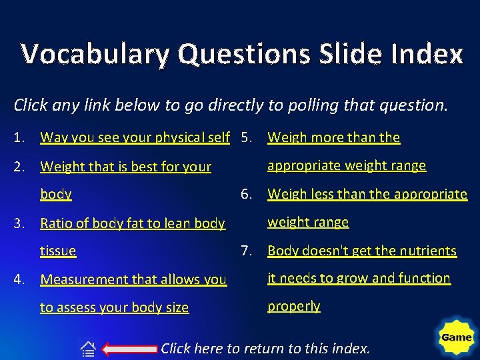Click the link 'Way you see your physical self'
tap(135, 138)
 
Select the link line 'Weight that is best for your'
tap(125, 167)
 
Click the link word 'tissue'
tap(58, 251)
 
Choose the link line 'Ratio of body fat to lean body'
tap(133, 223)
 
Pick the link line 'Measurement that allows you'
tap(133, 280)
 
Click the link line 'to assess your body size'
tap(114, 307)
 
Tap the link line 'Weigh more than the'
tap(333, 138)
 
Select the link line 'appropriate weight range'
tap(346, 165)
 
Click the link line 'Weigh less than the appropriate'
tap(367, 194)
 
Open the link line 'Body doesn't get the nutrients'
tap(362, 251)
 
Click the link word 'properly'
tap(293, 306)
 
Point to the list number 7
tap(247, 251)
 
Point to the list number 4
tap(19, 280)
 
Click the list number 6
tap(247, 194)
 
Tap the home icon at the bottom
tap(88, 349)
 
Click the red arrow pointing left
tap(131, 349)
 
